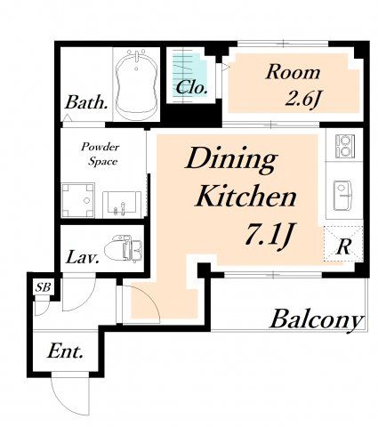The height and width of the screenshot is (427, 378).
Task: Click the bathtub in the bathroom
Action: [136, 85]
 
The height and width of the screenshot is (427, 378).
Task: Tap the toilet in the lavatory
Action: [123, 248]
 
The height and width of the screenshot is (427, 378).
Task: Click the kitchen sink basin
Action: [342, 195]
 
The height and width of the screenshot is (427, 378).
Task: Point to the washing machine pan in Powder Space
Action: [78, 200]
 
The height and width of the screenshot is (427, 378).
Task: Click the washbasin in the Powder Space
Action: [122, 205]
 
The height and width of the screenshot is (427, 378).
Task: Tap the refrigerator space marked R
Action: [343, 244]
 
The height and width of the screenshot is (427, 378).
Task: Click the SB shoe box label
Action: [44, 287]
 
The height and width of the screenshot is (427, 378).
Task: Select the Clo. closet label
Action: [191, 87]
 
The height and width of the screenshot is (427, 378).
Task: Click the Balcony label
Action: [317, 319]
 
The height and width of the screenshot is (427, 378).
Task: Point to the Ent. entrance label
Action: [65, 352]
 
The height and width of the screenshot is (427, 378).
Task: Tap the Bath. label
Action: [86, 102]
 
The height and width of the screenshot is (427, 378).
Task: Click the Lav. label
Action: [83, 257]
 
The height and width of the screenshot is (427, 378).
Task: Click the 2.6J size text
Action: [302, 100]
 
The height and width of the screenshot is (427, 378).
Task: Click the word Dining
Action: [231, 159]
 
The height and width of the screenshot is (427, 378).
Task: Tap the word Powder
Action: [101, 148]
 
